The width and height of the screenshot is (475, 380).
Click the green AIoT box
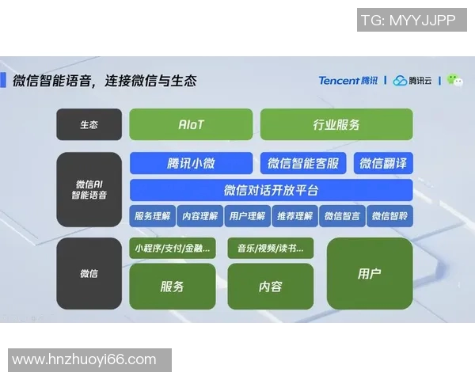[191, 125]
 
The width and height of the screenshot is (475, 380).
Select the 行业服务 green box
[336, 125]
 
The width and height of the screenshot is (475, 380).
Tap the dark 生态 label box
[89, 125]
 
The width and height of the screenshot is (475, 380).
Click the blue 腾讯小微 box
[191, 164]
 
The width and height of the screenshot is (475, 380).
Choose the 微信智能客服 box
[303, 164]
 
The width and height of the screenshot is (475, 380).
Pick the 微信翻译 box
[383, 164]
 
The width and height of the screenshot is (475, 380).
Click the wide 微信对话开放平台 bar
[271, 190]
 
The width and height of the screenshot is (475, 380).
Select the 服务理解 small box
[152, 216]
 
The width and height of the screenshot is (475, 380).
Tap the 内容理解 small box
[199, 216]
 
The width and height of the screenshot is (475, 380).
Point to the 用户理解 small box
[247, 216]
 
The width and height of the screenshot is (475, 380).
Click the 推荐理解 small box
[294, 216]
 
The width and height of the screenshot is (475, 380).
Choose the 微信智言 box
[342, 216]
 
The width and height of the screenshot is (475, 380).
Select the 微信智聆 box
[389, 216]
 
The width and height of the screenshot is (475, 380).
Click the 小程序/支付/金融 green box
[173, 249]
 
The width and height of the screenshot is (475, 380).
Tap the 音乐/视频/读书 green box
[270, 249]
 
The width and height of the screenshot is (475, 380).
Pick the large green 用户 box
[370, 273]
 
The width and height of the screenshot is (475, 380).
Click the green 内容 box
[270, 287]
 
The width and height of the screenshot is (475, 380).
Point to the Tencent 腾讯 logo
[348, 80]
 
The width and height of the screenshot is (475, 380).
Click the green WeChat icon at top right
[454, 80]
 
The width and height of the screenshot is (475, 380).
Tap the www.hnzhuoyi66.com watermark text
[85, 360]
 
